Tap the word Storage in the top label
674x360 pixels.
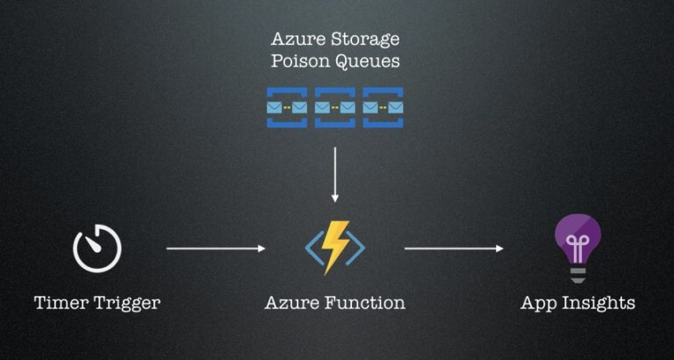[x=362, y=39]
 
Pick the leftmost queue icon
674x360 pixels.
[x=287, y=107]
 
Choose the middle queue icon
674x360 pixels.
[x=335, y=107]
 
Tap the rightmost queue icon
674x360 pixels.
[x=384, y=107]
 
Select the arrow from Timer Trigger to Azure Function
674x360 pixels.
[x=215, y=248]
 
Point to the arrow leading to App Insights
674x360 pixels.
[x=454, y=248]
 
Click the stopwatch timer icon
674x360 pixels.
[x=97, y=248]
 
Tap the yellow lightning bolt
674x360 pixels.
[x=335, y=245]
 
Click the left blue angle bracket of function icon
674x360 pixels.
[x=312, y=248]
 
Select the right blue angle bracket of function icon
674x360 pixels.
[x=358, y=248]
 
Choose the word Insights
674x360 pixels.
[x=601, y=304]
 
